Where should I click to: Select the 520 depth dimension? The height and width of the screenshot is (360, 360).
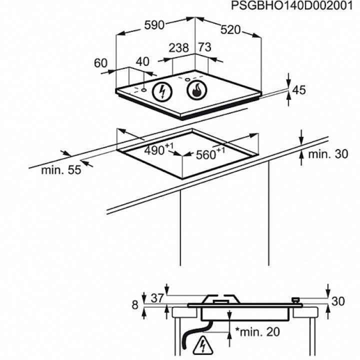coord(230,30)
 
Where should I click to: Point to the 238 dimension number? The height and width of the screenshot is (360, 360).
coord(178,48)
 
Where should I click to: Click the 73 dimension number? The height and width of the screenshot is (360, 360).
coord(204,47)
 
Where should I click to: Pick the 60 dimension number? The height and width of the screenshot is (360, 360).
coord(100,63)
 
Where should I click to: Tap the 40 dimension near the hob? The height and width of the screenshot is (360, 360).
coord(142,61)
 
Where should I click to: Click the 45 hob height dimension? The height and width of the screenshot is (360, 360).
coord(298,90)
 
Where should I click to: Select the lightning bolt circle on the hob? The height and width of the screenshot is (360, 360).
coord(161,91)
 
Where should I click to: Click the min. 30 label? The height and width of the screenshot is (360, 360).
coord(327,154)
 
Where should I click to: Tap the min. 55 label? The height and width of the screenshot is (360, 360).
coord(61,170)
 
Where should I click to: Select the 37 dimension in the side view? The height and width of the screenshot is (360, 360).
coord(157,298)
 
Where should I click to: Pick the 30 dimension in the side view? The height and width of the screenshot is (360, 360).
coord(338,301)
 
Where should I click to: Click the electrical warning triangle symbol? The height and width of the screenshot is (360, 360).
coord(203,344)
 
